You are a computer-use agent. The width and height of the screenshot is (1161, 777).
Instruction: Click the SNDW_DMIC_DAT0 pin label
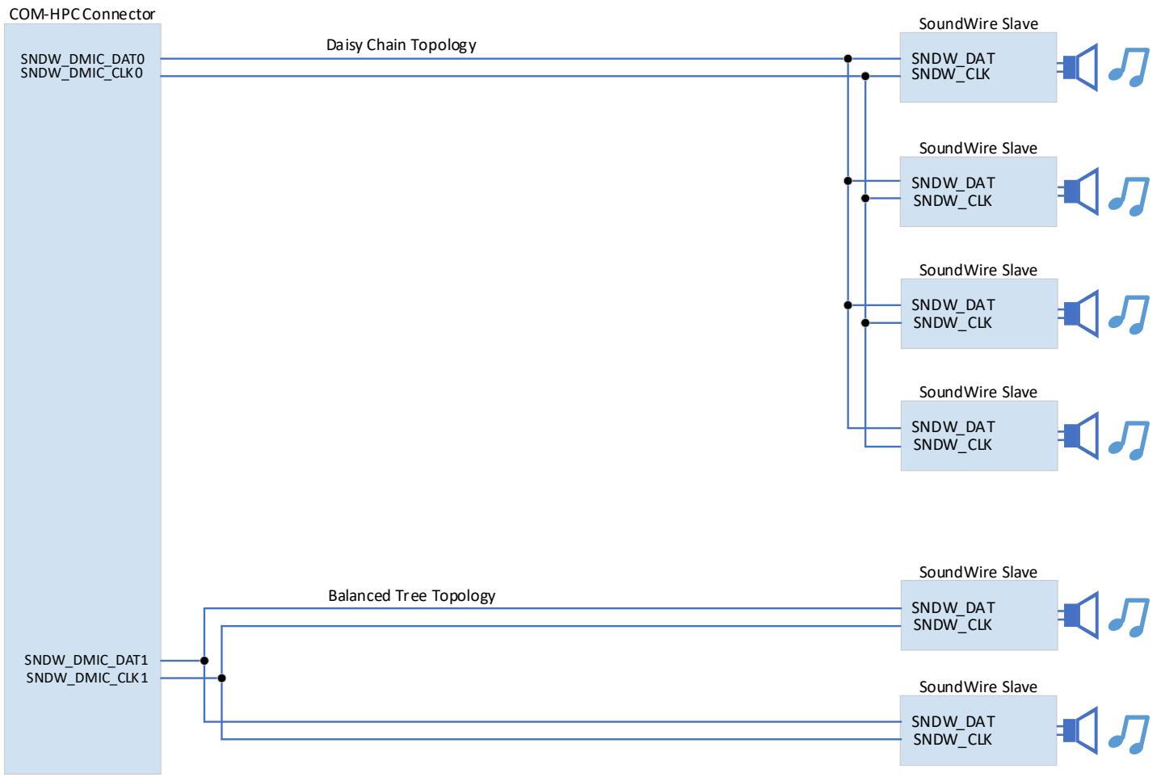point(82,59)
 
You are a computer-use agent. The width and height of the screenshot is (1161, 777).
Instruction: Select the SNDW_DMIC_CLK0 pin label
point(82,73)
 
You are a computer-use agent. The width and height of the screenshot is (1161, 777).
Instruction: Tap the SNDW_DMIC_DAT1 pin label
point(86,659)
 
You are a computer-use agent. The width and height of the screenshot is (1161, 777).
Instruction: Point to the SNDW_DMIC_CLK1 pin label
point(87,678)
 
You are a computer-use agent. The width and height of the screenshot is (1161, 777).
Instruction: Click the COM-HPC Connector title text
point(82,14)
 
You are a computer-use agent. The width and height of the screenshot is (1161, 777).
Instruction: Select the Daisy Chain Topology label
point(402,45)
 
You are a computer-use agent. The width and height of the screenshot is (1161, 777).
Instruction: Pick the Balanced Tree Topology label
point(411,596)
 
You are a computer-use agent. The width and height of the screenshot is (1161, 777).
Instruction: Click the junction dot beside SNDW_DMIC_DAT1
point(204,661)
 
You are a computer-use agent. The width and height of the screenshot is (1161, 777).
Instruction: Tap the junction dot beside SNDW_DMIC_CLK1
point(222,678)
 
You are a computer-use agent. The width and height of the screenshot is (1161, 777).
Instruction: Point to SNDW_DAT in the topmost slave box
point(953,58)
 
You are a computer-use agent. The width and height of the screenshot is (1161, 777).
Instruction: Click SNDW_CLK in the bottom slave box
point(952,739)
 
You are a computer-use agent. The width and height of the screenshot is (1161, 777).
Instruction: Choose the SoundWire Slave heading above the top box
point(978,24)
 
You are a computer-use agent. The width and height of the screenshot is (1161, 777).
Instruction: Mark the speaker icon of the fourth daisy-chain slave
point(1079,435)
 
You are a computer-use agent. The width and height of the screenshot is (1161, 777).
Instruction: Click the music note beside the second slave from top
point(1129,197)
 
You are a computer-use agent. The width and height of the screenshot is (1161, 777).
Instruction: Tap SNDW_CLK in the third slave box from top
point(952,323)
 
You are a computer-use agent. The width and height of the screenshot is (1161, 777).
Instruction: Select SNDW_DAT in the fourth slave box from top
point(953,426)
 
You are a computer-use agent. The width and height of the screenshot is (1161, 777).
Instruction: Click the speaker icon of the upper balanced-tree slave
point(1079,615)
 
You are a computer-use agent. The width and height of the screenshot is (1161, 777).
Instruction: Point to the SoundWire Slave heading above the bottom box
point(978,687)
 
